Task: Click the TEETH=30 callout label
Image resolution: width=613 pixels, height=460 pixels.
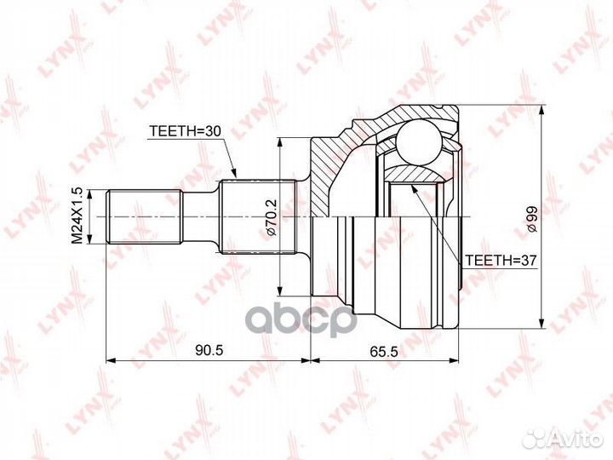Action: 186,131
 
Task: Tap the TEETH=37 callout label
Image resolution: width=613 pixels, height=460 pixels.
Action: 500,261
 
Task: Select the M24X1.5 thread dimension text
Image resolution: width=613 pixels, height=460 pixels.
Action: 77,216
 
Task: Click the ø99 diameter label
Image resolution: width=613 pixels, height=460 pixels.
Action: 532,220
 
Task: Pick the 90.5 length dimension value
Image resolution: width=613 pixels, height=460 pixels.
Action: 209,350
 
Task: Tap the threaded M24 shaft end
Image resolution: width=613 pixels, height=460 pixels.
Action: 145,216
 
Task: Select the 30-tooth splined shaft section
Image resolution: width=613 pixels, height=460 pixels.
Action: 257,216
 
